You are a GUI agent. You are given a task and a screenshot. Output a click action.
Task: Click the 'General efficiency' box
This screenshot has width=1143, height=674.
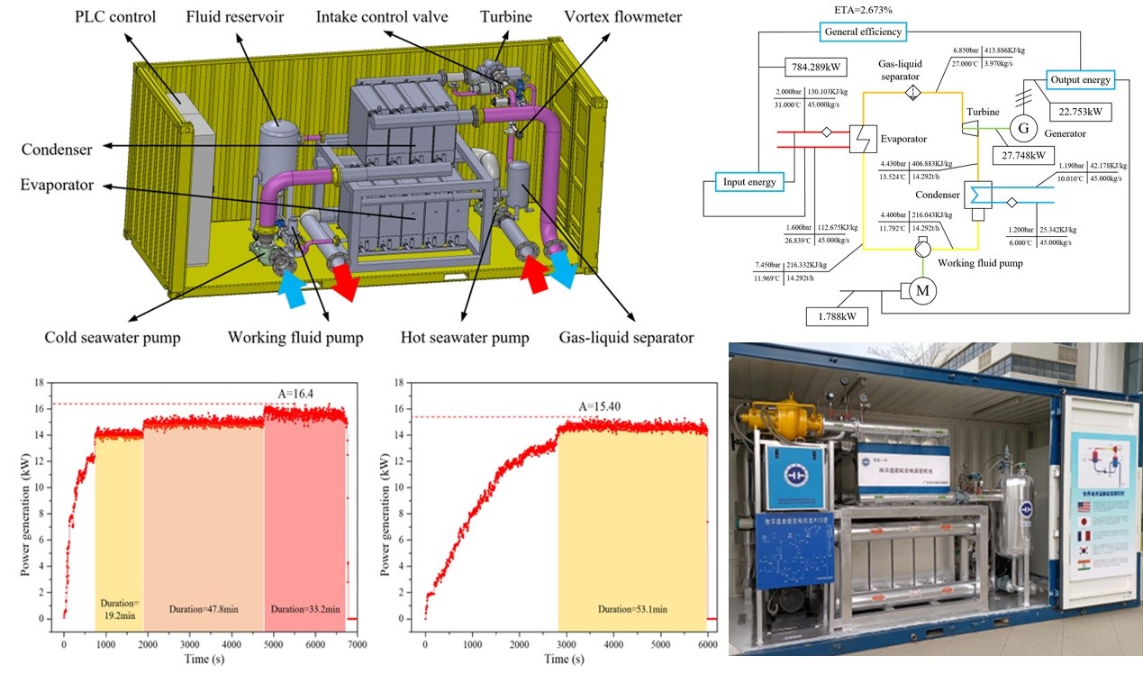[x=862, y=32]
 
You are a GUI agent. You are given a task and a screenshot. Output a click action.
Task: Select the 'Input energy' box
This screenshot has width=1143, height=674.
[x=749, y=181]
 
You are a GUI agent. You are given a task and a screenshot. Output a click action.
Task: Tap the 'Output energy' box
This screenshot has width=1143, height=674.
[x=1080, y=79]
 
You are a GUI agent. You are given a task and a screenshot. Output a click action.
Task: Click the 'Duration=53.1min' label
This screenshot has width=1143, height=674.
[x=632, y=609]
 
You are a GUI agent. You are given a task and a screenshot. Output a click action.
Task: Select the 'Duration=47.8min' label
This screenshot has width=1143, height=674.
[x=204, y=609]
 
